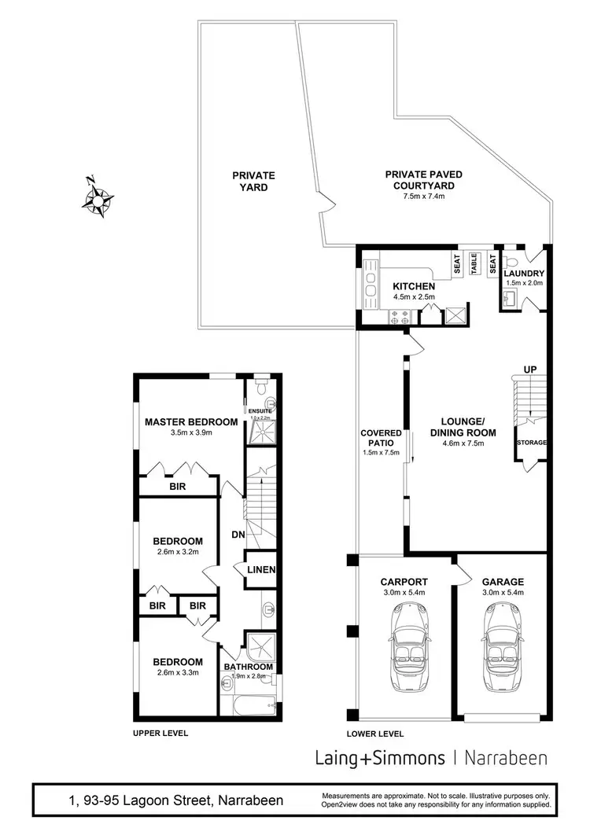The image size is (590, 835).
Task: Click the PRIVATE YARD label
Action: [253, 182]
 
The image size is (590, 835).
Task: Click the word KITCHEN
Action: [414, 286]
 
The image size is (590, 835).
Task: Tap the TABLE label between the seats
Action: [475, 264]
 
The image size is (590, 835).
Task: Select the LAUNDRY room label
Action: [524, 273]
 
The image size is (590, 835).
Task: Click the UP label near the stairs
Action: [530, 369]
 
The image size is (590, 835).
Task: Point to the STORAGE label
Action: [531, 443]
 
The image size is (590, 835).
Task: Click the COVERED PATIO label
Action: [382, 437]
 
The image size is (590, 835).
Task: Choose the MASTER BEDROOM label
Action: [191, 421]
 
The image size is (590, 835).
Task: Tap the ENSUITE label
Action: [259, 410]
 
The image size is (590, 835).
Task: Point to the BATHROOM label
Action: [249, 668]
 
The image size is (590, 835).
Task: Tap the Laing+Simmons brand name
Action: [380, 758]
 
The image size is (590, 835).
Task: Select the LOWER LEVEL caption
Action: [375, 734]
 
